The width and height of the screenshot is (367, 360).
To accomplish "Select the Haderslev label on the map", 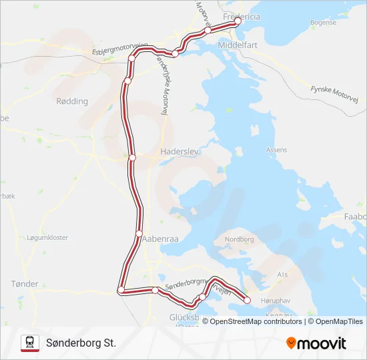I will point(177,151).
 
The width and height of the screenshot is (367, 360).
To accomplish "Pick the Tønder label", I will point(25,284).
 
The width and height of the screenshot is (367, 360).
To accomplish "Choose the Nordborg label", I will point(240,239).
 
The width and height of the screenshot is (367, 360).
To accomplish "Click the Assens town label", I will point(276,151).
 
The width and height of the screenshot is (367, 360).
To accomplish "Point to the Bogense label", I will point(323,22).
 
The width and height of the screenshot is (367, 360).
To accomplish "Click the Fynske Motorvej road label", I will point(335,94).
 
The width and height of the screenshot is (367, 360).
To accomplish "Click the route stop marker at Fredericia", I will point(238,21).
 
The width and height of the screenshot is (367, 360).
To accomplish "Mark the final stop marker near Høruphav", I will point(248,300).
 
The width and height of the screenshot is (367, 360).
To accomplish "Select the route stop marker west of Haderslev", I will point(132,158).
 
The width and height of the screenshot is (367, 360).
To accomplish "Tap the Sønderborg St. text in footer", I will point(81,343).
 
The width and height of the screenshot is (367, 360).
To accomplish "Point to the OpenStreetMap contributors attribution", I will point(256,321).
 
